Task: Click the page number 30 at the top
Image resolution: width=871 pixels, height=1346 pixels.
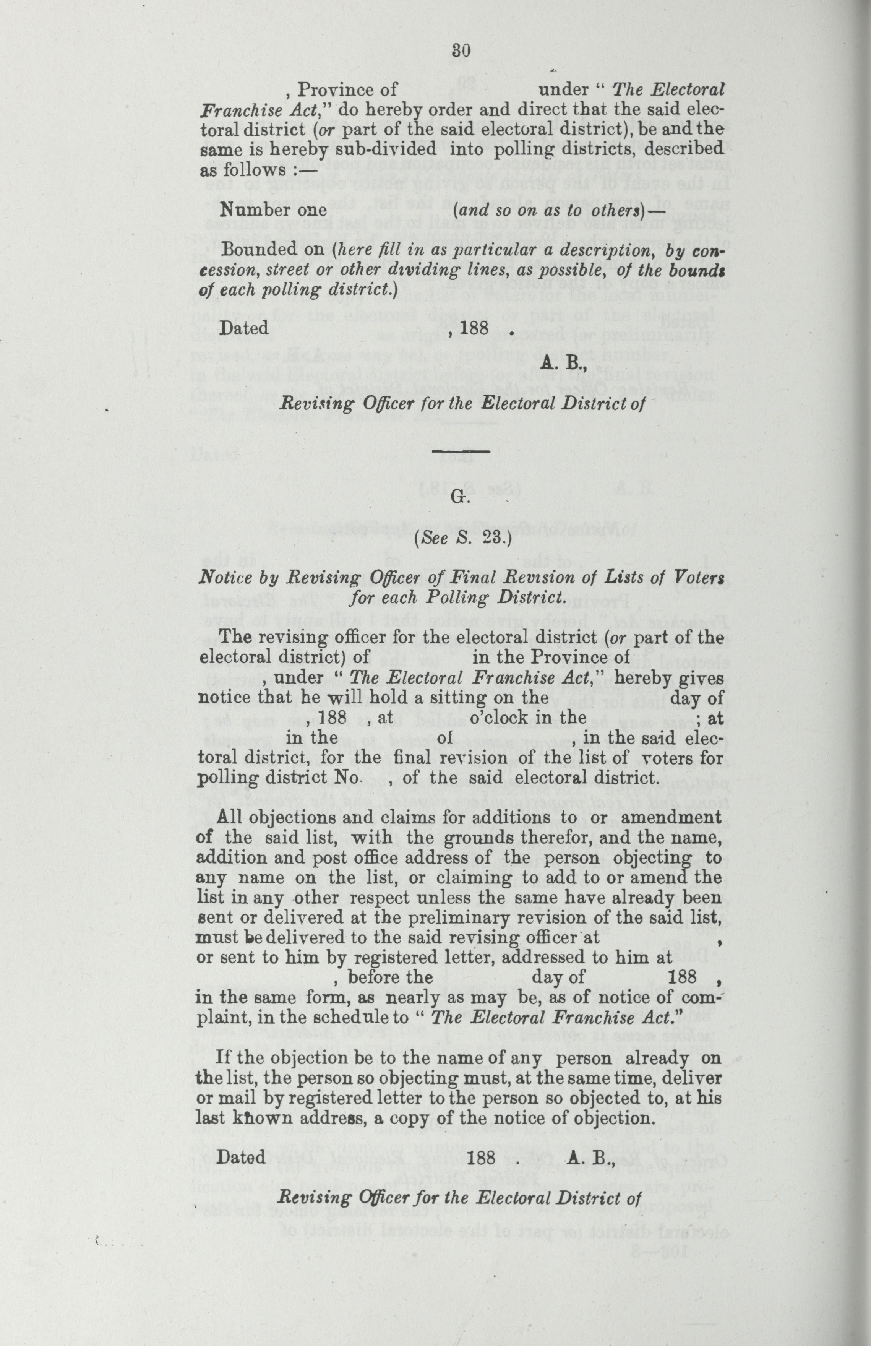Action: [461, 50]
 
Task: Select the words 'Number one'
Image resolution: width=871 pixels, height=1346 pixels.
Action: [274, 210]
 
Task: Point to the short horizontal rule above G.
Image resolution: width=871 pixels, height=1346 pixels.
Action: [461, 451]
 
